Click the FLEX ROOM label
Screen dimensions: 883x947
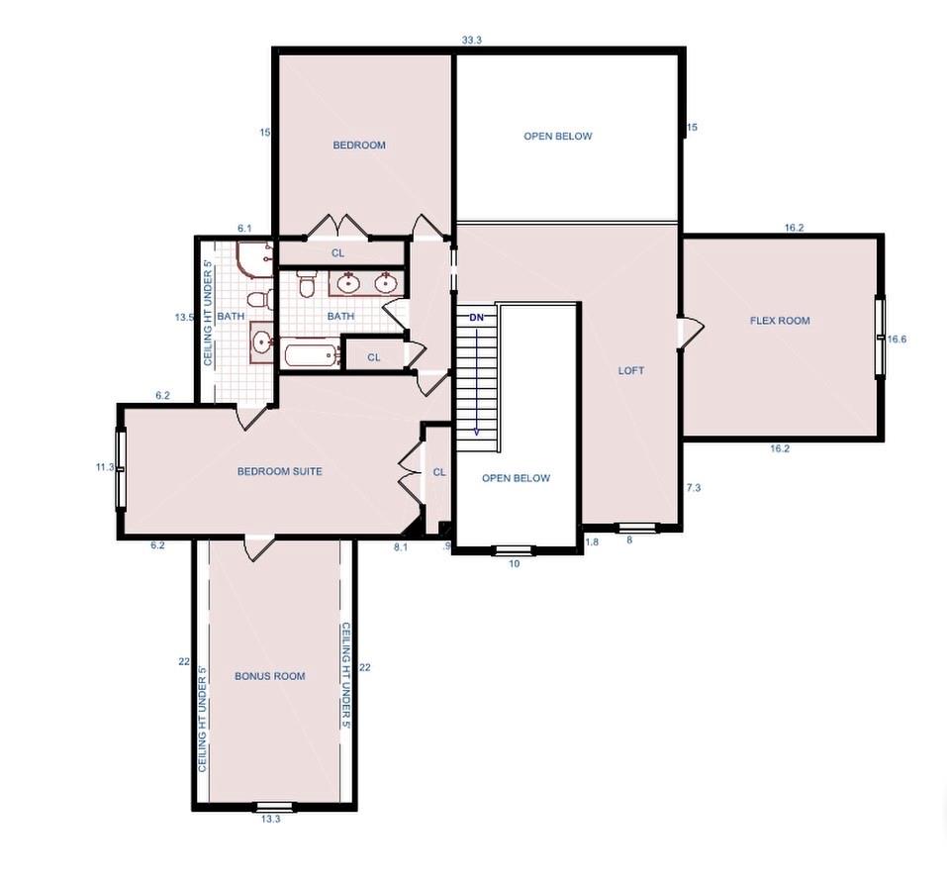point(779,321)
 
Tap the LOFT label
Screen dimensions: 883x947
point(631,371)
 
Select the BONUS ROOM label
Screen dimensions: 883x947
point(269,676)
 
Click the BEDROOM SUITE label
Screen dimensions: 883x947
point(279,472)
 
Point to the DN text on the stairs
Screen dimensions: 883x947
point(476,318)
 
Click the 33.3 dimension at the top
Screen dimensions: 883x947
point(471,41)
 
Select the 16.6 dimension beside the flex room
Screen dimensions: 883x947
point(897,339)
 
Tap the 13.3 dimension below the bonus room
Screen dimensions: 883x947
point(269,819)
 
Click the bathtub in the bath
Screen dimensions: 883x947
point(311,354)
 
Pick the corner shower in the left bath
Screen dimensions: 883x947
point(253,258)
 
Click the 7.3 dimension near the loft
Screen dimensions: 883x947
point(693,488)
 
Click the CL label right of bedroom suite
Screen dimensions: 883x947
point(439,473)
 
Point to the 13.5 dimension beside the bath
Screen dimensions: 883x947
point(183,318)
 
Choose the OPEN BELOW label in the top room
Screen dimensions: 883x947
point(558,137)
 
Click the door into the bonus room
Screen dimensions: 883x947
point(259,547)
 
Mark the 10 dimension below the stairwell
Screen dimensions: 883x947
point(514,563)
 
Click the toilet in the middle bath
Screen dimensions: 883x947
point(307,286)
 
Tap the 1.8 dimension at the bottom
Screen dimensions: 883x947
point(592,541)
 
